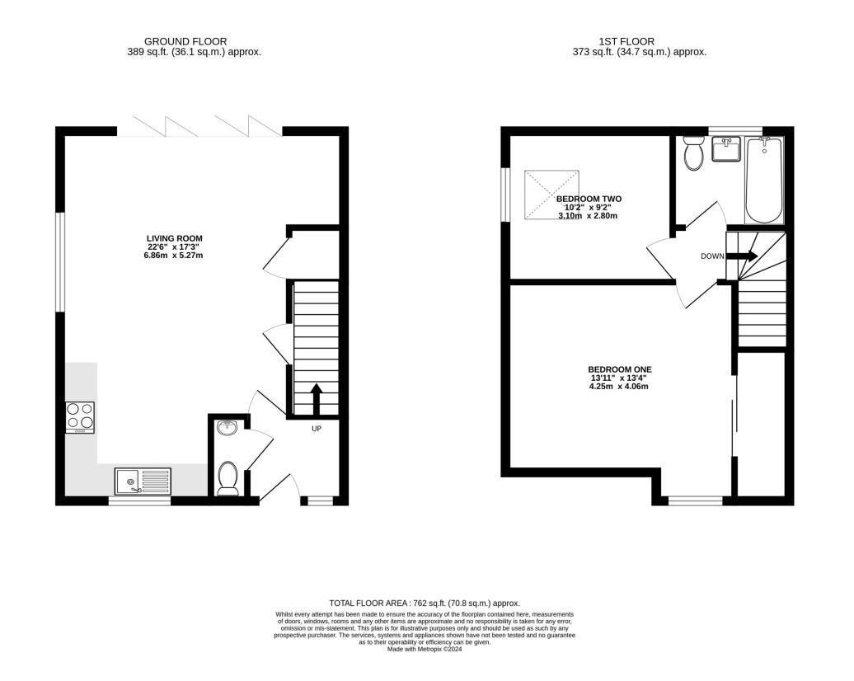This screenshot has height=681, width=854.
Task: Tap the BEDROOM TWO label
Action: pyautogui.click(x=589, y=199)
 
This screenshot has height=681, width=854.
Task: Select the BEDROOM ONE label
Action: pyautogui.click(x=620, y=369)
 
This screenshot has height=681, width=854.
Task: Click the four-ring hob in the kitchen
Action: pyautogui.click(x=80, y=417)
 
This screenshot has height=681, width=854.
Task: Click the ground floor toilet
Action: pyautogui.click(x=228, y=478)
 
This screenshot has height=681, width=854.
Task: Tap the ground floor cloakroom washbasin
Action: pyautogui.click(x=227, y=427)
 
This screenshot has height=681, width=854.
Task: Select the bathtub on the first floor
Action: pyautogui.click(x=763, y=180)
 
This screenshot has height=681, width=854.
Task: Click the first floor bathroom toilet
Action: pyautogui.click(x=693, y=153)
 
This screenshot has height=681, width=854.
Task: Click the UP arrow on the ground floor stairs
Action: pyautogui.click(x=315, y=399)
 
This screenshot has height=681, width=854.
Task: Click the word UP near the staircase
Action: pyautogui.click(x=316, y=429)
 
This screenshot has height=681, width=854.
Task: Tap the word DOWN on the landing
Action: pyautogui.click(x=711, y=256)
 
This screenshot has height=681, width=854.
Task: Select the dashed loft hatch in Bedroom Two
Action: pyautogui.click(x=552, y=195)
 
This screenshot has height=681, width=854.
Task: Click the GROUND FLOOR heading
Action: pyautogui.click(x=185, y=41)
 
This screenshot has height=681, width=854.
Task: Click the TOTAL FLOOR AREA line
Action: pyautogui.click(x=425, y=604)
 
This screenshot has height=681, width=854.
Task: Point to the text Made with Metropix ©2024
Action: pyautogui.click(x=425, y=649)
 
